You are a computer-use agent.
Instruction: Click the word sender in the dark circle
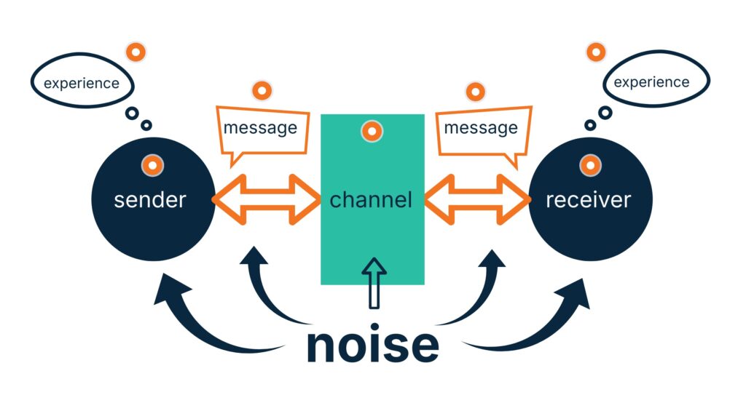150,199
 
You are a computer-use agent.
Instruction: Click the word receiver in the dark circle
588,199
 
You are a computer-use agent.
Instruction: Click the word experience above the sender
81,83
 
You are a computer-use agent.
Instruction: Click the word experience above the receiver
651,81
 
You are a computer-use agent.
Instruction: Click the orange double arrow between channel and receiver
477,198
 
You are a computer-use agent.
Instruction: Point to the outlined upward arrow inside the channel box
374,281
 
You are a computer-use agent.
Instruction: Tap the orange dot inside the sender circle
152,165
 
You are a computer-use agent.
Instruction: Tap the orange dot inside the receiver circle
589,165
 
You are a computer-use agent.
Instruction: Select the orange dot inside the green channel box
372,132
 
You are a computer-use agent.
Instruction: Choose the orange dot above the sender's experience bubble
136,52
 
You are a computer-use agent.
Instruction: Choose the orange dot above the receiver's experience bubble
596,52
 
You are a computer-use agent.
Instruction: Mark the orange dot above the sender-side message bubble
262,92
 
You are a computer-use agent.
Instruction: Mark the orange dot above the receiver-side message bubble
476,92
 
